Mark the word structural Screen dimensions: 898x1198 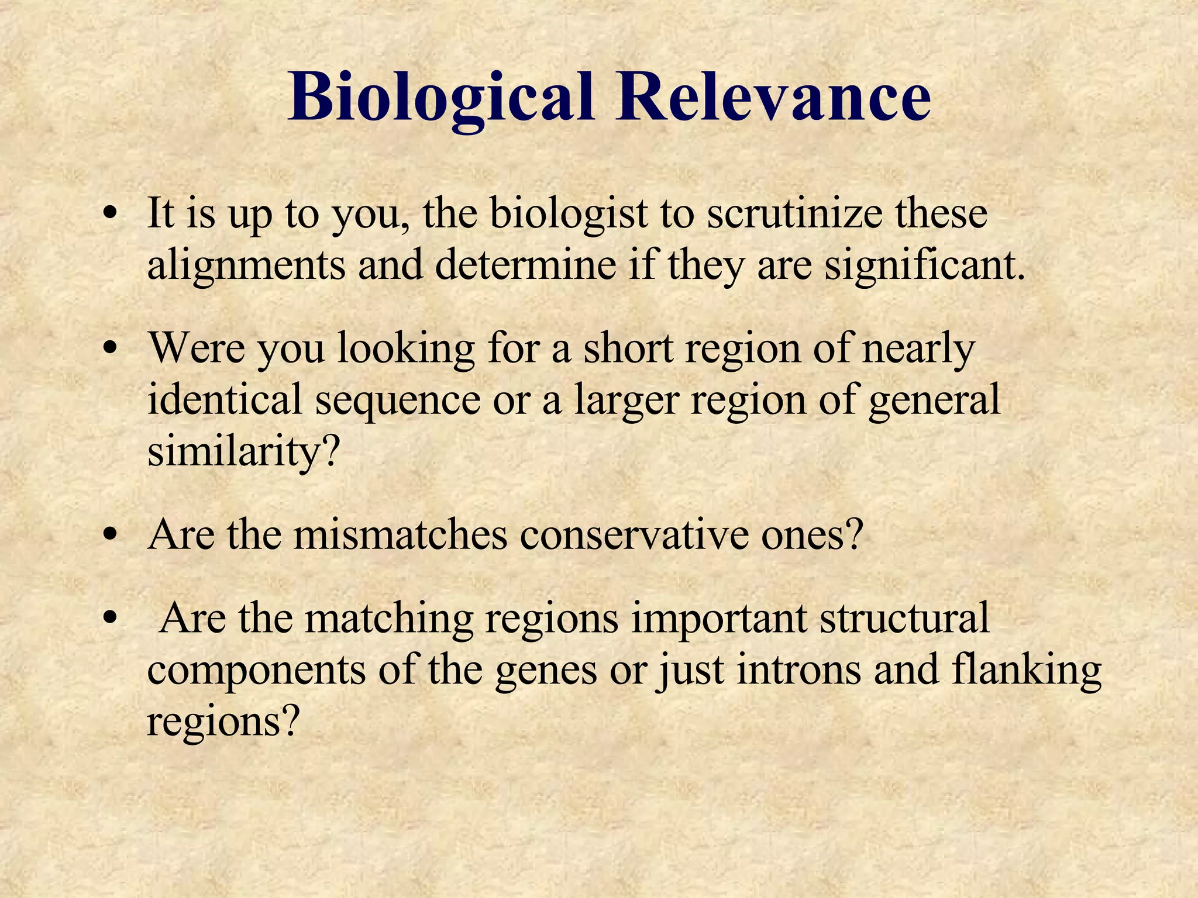[904, 618]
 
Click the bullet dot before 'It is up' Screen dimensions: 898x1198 [108, 215]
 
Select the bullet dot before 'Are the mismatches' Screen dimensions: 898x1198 [108, 536]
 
